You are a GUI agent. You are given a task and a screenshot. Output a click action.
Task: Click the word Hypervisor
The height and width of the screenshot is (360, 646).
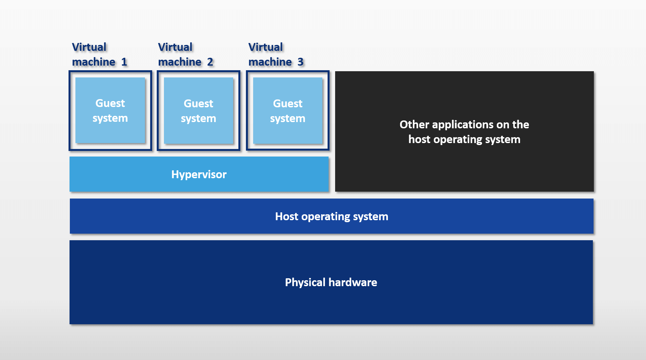coord(199,175)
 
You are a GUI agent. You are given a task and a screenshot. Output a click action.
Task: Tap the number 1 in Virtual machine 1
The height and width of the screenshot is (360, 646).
coord(124,62)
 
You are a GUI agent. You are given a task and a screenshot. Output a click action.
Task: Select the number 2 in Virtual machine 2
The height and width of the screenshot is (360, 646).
coord(210,62)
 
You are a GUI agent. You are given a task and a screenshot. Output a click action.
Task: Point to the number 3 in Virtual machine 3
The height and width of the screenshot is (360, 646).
coord(300,62)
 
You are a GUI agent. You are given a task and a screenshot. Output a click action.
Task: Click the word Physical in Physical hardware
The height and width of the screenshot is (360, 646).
coord(305,283)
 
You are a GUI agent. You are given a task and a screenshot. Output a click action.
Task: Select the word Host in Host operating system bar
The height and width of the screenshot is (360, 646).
coord(287,217)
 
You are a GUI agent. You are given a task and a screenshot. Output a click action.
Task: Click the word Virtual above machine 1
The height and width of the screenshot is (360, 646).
coord(89,47)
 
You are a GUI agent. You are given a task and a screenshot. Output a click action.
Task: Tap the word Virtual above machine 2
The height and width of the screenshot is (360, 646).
coord(175,47)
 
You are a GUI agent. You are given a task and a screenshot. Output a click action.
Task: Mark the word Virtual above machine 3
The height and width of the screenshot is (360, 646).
coord(266,47)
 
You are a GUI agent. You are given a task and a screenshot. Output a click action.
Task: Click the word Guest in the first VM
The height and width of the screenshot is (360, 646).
coord(110,103)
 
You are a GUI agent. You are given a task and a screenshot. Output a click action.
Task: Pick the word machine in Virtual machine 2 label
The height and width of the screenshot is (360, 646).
coord(180,62)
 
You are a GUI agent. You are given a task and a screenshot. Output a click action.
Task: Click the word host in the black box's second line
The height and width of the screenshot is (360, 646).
coord(419,139)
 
